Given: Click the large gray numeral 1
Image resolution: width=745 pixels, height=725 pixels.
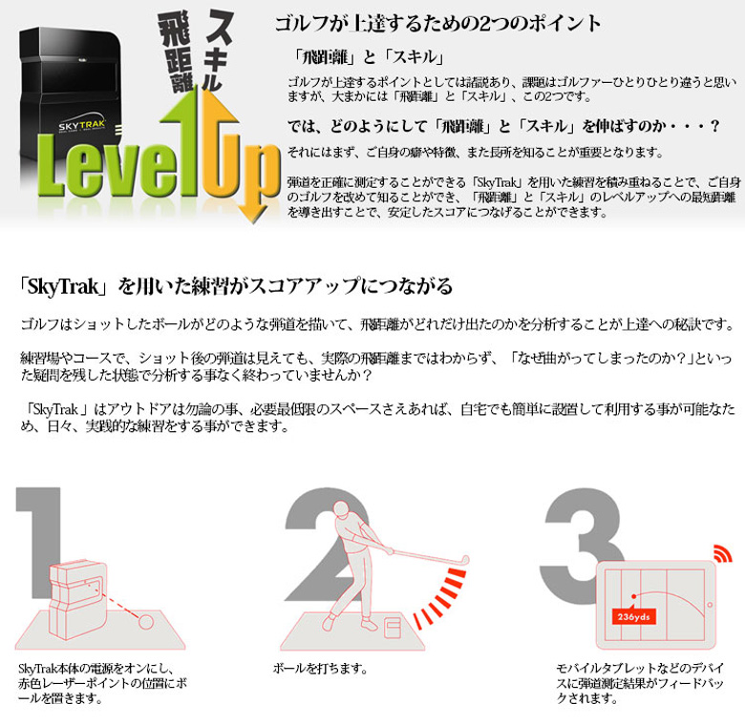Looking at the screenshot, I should click(43, 534).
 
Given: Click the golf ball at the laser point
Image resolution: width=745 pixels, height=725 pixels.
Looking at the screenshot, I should click(147, 621).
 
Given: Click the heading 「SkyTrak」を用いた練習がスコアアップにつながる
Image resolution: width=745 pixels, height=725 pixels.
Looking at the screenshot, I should click(236, 286).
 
